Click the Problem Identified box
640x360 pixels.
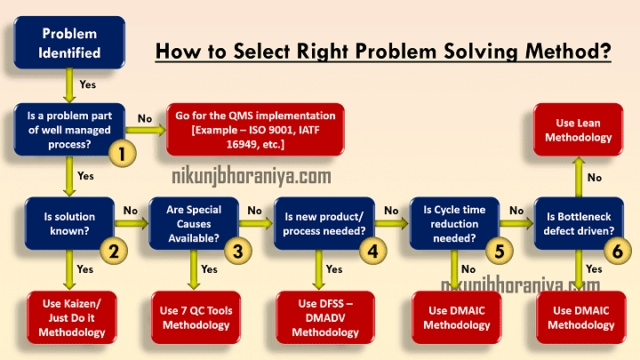click(x=69, y=42)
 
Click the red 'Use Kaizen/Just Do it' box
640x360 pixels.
click(x=68, y=316)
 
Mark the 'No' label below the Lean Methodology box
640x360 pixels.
click(x=595, y=177)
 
